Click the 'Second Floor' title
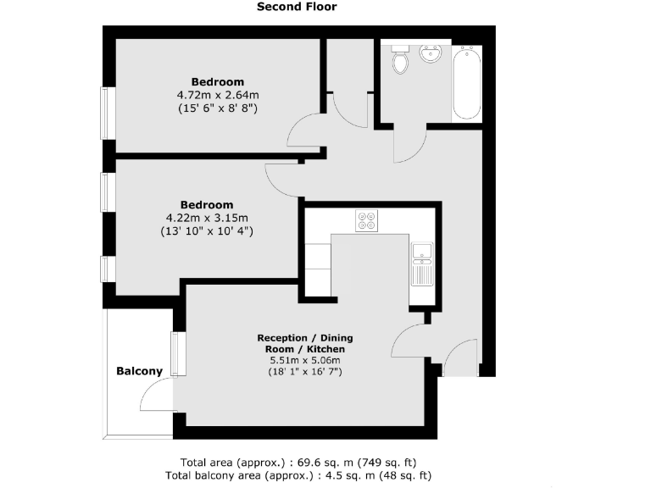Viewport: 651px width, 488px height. (297, 7)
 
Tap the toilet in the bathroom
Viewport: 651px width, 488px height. (400, 61)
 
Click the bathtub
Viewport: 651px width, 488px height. (466, 82)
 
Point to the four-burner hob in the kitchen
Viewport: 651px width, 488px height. (367, 221)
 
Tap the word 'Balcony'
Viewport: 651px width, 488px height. (139, 371)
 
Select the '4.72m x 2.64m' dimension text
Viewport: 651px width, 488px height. (217, 95)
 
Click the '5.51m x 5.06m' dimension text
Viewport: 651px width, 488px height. (305, 360)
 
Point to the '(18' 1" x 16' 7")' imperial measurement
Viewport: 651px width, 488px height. (305, 372)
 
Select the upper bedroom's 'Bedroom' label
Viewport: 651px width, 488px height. (217, 82)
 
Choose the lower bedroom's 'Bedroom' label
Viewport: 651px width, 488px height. (207, 205)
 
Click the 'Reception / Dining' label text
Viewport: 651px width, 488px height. (305, 338)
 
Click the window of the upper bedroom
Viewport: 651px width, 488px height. (107, 113)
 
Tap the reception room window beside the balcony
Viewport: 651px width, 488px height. (178, 353)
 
